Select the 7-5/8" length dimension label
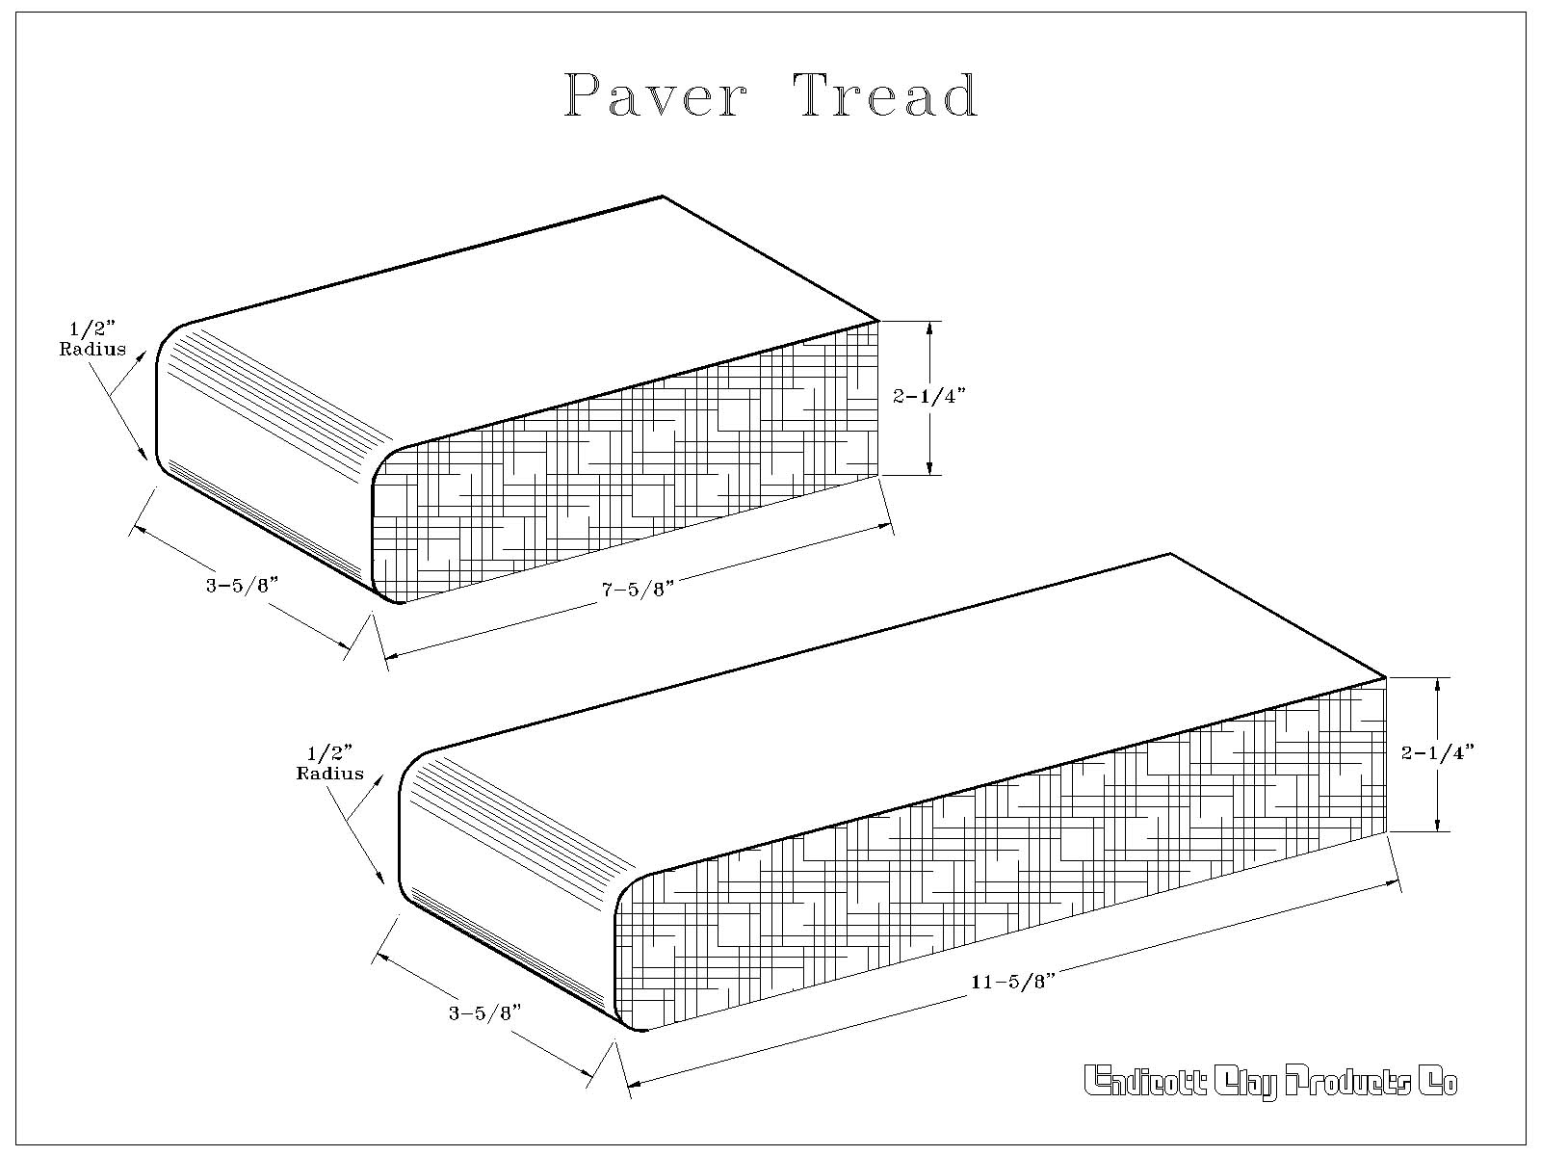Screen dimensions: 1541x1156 [x=638, y=589]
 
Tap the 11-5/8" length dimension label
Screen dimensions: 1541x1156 [x=1013, y=982]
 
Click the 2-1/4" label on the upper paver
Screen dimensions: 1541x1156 [x=928, y=397]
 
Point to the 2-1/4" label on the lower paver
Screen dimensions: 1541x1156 [x=1437, y=753]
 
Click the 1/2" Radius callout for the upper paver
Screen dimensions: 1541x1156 [x=91, y=338]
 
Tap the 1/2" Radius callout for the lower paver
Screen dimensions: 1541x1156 [x=329, y=764]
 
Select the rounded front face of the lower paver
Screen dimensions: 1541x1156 [x=509, y=888]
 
